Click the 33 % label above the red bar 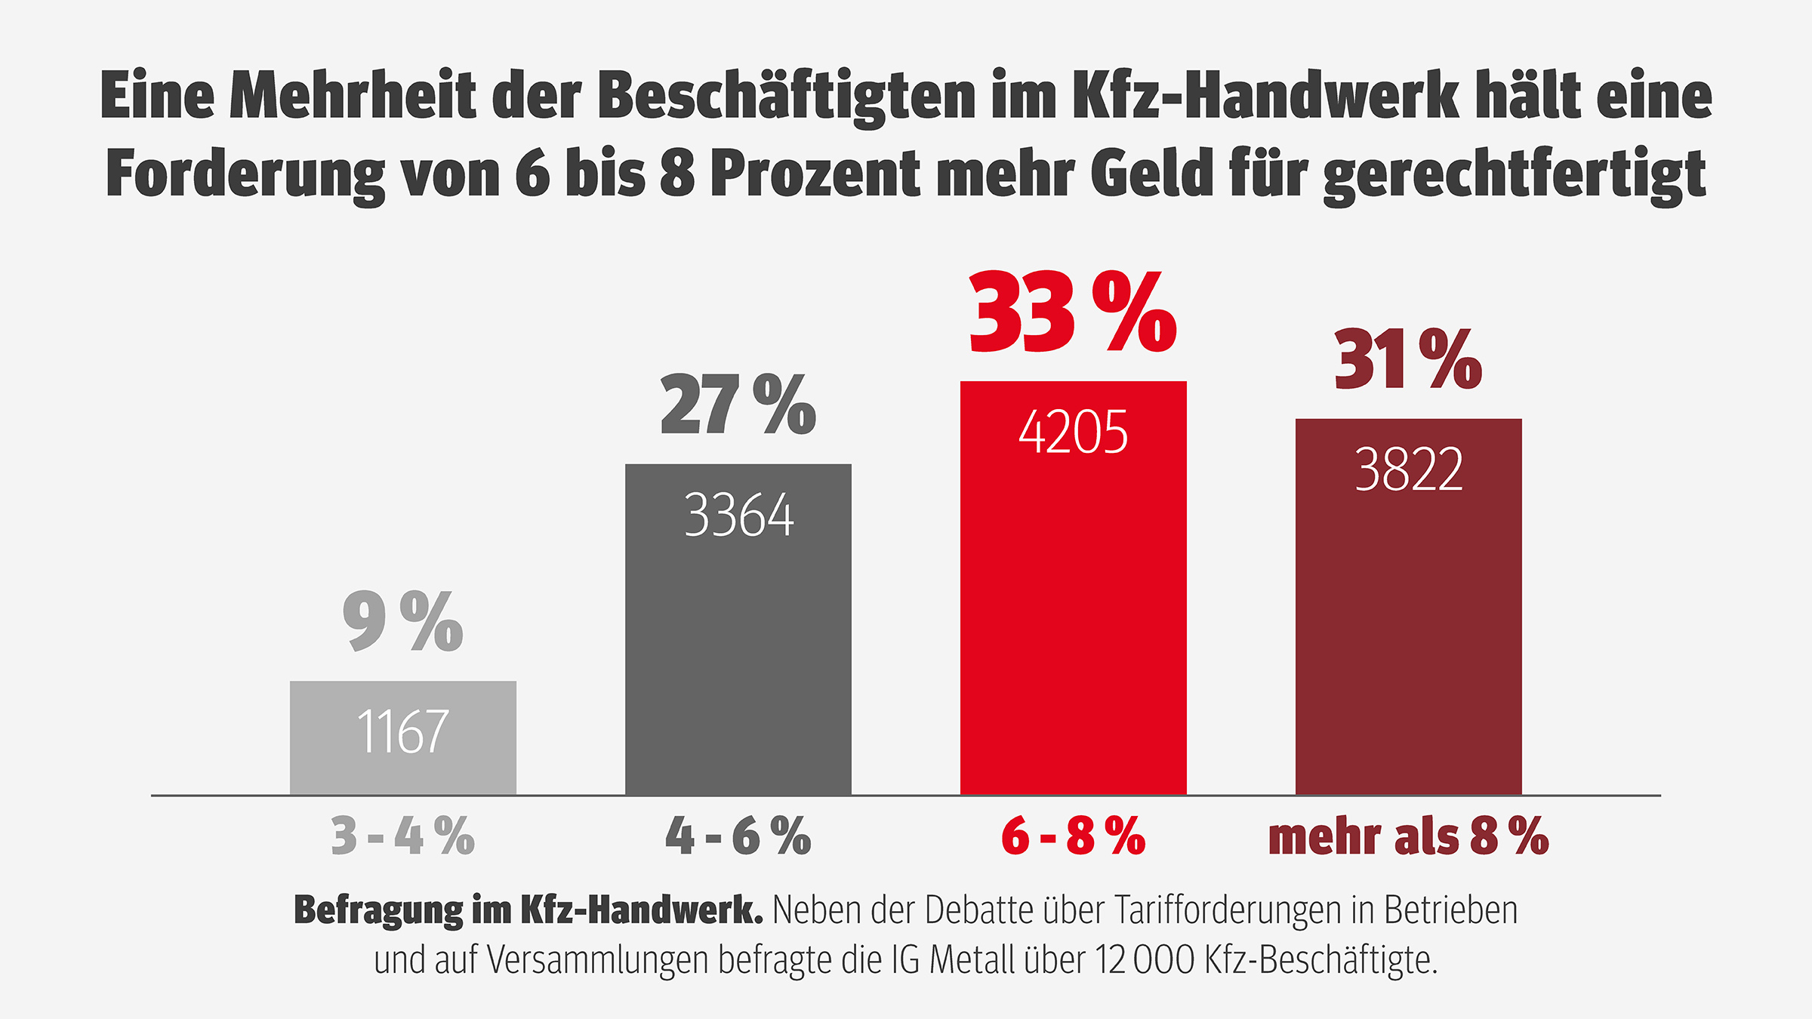pyautogui.click(x=1072, y=313)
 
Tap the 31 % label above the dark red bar pyautogui.click(x=1408, y=360)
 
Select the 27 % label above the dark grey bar pyautogui.click(x=738, y=405)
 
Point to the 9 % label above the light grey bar pyautogui.click(x=402, y=621)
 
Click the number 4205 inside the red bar pyautogui.click(x=1073, y=432)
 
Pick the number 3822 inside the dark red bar pyautogui.click(x=1409, y=469)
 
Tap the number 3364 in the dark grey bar pyautogui.click(x=738, y=516)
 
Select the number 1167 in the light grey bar pyautogui.click(x=402, y=731)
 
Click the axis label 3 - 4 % pyautogui.click(x=402, y=836)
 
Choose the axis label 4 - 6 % pyautogui.click(x=738, y=836)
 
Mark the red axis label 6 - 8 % pyautogui.click(x=1073, y=836)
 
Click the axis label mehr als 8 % pyautogui.click(x=1408, y=836)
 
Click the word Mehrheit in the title pyautogui.click(x=353, y=96)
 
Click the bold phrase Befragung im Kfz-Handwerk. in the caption pyautogui.click(x=528, y=910)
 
